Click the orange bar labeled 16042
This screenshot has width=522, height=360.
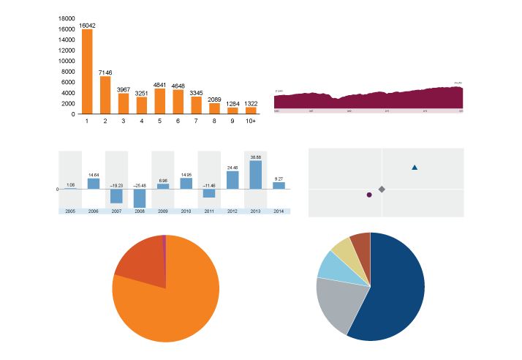(x=87, y=72)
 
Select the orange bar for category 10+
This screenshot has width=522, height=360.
(x=251, y=110)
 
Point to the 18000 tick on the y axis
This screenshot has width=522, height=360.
(x=66, y=18)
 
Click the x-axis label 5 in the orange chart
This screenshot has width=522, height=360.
(x=159, y=121)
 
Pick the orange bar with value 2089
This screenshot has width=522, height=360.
(x=214, y=108)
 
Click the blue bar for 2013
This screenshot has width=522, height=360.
(x=256, y=175)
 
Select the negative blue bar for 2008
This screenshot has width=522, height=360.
(x=140, y=198)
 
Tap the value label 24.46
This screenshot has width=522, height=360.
(x=232, y=168)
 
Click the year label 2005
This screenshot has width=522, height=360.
(x=70, y=211)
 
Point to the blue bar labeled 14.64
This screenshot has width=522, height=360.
(x=94, y=184)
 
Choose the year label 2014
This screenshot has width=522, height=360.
(x=279, y=211)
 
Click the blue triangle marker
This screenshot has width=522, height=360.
(x=415, y=168)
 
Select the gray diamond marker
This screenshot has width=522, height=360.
(x=382, y=190)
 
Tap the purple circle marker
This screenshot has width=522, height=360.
(x=369, y=195)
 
